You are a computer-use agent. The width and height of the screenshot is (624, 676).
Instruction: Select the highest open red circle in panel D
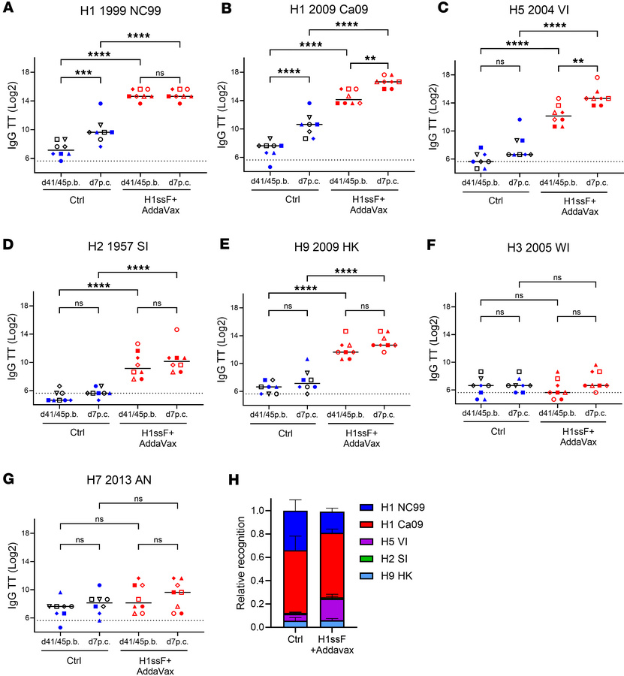(177, 329)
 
